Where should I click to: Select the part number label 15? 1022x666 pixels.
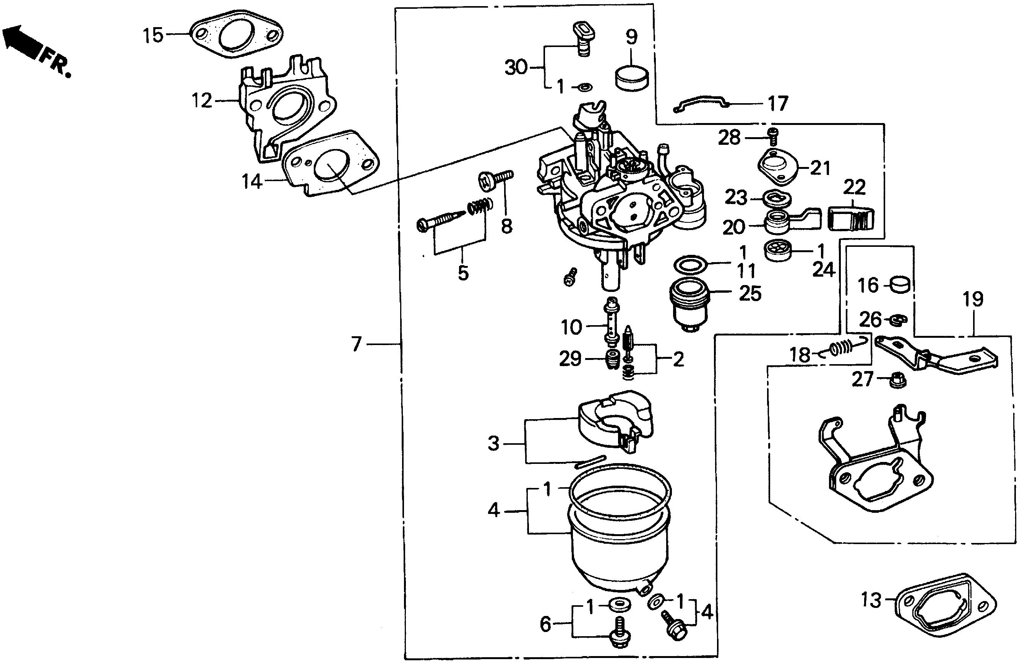coord(153,35)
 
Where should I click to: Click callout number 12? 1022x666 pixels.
coord(202,101)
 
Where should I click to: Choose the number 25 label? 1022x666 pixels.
coord(750,294)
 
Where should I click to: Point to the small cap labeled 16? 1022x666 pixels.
coord(900,284)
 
